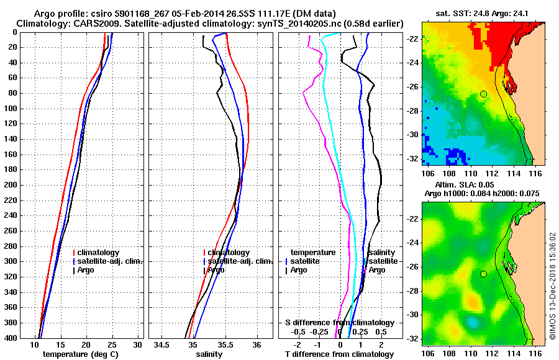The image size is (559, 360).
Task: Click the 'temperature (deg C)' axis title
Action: click(x=80, y=354)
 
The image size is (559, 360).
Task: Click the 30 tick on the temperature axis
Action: click(x=138, y=344)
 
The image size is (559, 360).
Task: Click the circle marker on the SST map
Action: click(x=483, y=94)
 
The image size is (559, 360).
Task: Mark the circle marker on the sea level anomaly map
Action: click(x=483, y=274)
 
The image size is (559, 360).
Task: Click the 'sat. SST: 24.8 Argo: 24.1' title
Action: click(x=478, y=14)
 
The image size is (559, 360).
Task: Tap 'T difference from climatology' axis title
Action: click(x=339, y=354)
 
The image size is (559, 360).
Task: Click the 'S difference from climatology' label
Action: click(x=339, y=323)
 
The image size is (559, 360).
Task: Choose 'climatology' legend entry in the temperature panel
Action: click(x=100, y=253)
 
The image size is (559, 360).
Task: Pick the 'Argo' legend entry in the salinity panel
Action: click(x=216, y=270)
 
